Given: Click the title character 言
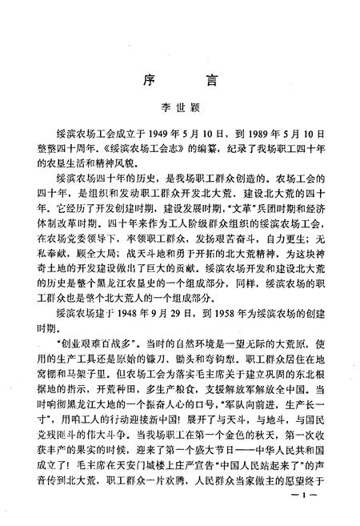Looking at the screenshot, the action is [213, 80].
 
